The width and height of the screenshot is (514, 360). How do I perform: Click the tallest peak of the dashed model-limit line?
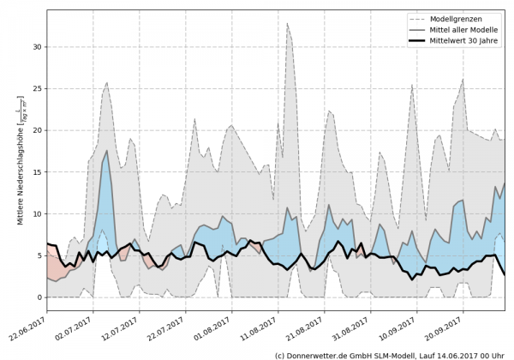click(288, 23)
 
